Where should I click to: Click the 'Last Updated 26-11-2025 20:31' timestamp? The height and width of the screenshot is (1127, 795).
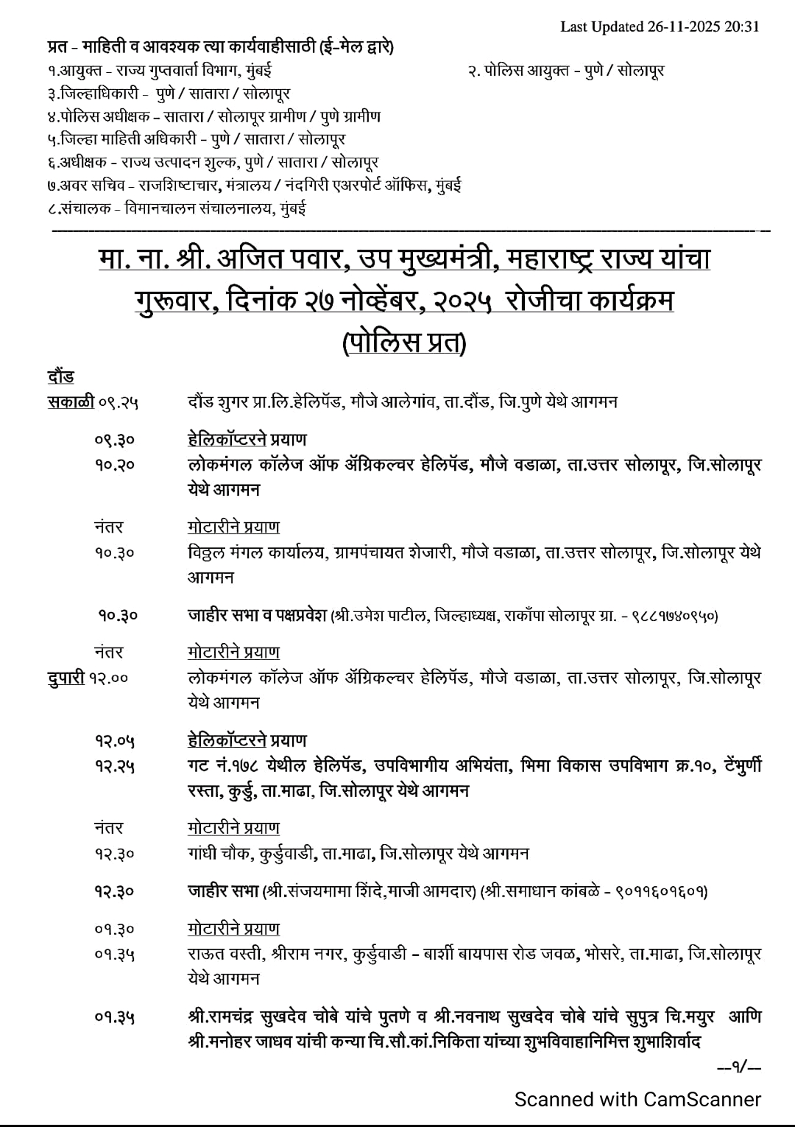(660, 27)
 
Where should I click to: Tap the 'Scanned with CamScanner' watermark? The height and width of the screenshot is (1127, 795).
(637, 1099)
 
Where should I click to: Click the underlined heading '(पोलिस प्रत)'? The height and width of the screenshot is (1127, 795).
(404, 343)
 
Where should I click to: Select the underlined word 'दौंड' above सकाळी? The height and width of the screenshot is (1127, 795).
(60, 376)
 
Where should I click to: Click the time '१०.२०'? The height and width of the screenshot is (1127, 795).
(114, 465)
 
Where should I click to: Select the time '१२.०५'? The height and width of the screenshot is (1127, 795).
(114, 740)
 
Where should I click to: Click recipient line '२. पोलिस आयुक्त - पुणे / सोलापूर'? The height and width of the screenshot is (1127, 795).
(566, 71)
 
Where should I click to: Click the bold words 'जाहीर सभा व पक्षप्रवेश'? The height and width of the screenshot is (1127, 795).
(257, 615)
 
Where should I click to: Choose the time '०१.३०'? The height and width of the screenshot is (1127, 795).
(114, 929)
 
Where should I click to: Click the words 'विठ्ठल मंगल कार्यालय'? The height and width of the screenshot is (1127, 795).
(257, 552)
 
